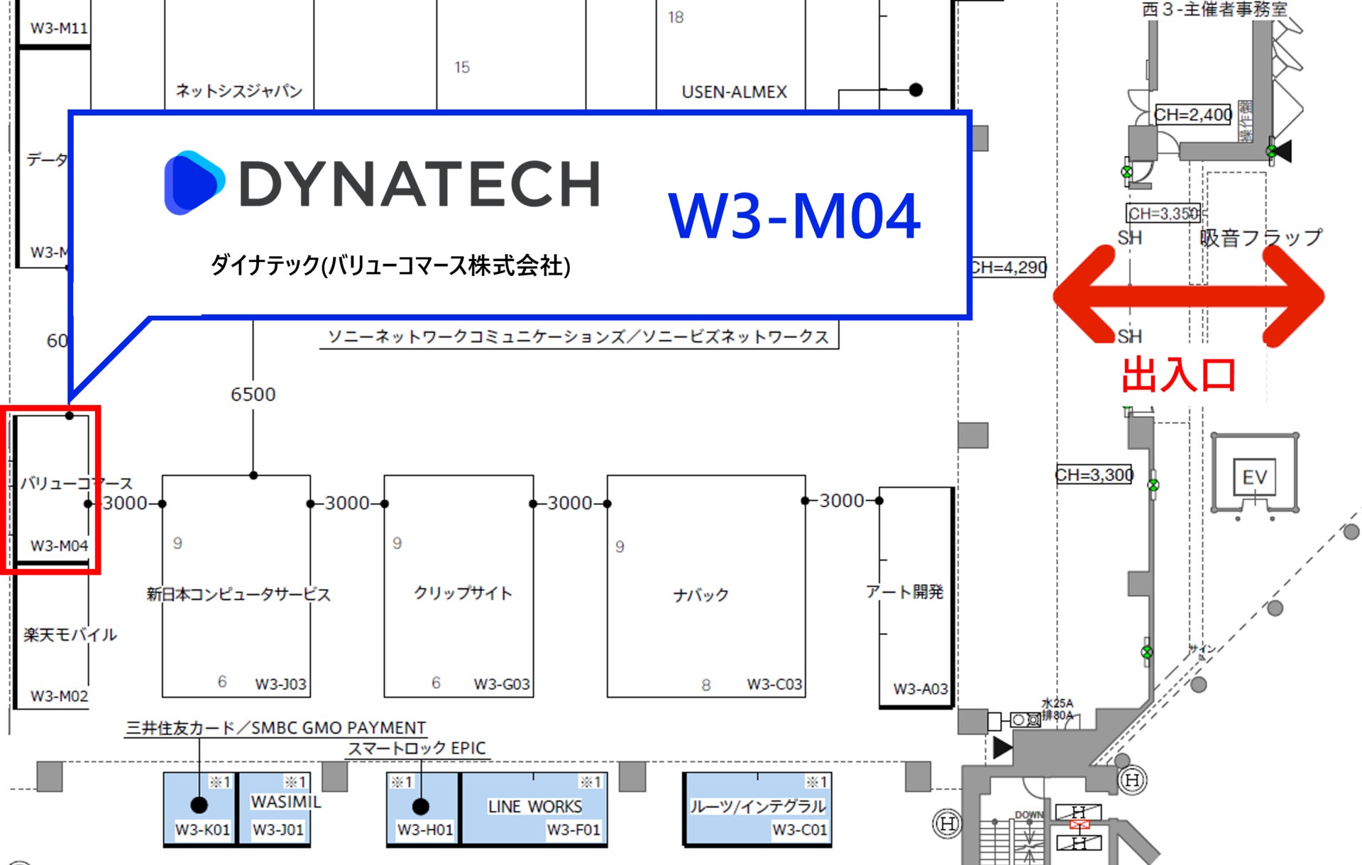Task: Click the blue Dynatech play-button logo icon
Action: pos(194,182)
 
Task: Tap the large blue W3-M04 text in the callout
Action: pos(794,216)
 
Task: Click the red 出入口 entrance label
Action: pos(1178,375)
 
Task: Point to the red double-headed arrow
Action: pos(1188,295)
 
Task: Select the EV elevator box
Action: pos(1254,477)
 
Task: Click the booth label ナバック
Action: pos(701,595)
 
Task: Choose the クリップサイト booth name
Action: pos(463,593)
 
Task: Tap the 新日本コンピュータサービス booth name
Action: pos(238,594)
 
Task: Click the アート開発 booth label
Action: pos(904,592)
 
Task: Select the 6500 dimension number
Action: pos(253,395)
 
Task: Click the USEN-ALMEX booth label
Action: pos(734,92)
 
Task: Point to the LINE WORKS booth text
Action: pos(534,807)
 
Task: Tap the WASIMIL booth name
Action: pos(286,802)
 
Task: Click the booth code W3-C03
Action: pos(774,685)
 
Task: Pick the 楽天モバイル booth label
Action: pos(70,634)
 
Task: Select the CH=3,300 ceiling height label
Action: pos(1094,475)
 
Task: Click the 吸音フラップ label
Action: pos(1261,238)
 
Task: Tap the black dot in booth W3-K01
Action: pos(199,805)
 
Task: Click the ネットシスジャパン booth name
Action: pos(238,91)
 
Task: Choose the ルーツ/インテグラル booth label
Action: pos(757,807)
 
